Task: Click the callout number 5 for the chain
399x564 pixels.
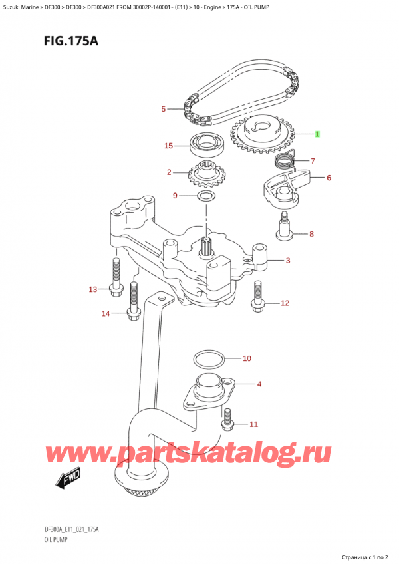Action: click(164, 109)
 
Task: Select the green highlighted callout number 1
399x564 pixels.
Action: click(317, 134)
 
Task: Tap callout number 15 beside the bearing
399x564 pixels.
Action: click(168, 146)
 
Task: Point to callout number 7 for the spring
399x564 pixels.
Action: click(313, 161)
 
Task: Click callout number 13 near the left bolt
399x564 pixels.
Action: click(93, 289)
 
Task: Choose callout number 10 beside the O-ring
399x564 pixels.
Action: click(247, 358)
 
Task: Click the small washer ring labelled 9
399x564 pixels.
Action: click(206, 196)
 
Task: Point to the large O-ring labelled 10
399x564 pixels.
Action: click(209, 359)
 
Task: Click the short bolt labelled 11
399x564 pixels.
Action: click(227, 420)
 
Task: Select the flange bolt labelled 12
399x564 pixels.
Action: click(257, 297)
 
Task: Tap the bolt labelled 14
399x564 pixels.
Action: click(134, 301)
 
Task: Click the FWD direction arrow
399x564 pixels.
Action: click(68, 479)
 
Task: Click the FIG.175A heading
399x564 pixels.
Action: click(71, 41)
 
